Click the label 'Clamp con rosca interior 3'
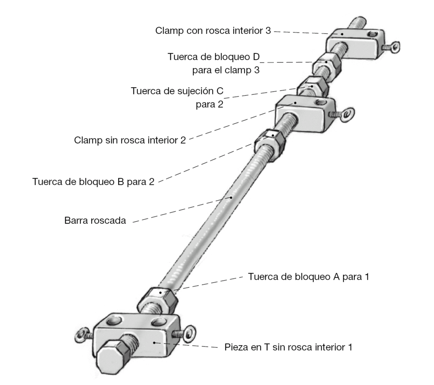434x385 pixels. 213,31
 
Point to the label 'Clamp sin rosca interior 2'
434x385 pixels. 130,140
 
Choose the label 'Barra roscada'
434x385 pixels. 95,220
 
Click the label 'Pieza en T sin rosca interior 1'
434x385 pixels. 288,348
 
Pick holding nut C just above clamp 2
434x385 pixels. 311,87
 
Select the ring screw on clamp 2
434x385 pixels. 347,113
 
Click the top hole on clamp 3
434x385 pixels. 371,33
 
